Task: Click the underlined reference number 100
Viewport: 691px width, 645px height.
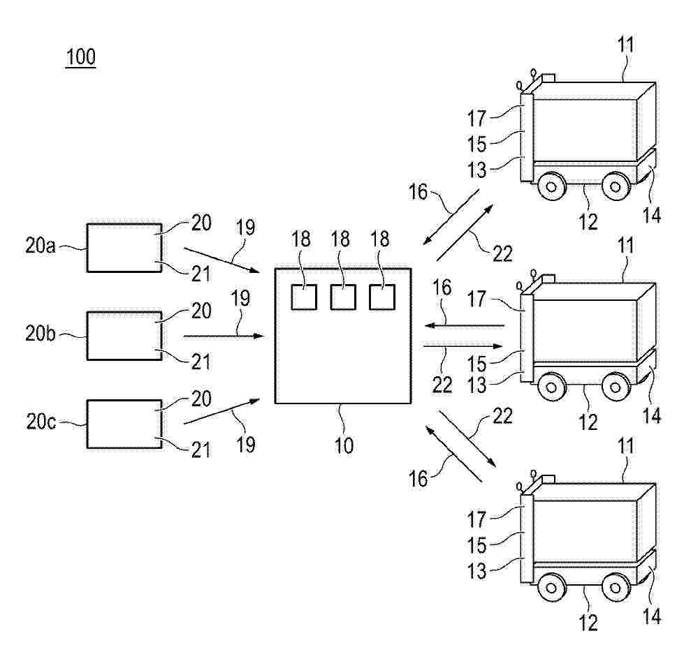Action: click(80, 57)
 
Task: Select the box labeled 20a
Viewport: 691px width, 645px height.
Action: click(124, 248)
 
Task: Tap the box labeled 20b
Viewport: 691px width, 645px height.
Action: click(124, 336)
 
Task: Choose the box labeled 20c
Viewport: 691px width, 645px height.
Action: click(124, 424)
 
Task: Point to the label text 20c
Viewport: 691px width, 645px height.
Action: click(41, 422)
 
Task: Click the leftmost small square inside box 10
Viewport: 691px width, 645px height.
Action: click(304, 297)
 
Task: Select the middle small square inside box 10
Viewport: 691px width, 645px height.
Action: click(343, 297)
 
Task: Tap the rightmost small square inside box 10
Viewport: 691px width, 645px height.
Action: click(382, 297)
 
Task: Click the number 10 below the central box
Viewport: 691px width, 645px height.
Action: click(344, 445)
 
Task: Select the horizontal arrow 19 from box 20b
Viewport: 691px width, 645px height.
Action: click(226, 336)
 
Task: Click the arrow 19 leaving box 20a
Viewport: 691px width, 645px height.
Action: click(221, 260)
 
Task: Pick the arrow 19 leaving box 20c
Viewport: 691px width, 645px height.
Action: click(221, 411)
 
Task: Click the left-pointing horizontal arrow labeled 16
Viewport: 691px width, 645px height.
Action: click(464, 326)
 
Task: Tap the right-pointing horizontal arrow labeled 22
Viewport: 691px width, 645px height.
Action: click(463, 346)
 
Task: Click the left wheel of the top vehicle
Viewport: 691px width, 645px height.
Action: click(551, 186)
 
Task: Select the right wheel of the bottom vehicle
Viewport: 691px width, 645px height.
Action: click(616, 588)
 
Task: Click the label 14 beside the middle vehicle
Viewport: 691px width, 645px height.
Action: click(651, 415)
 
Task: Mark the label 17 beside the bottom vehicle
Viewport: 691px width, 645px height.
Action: click(477, 519)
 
